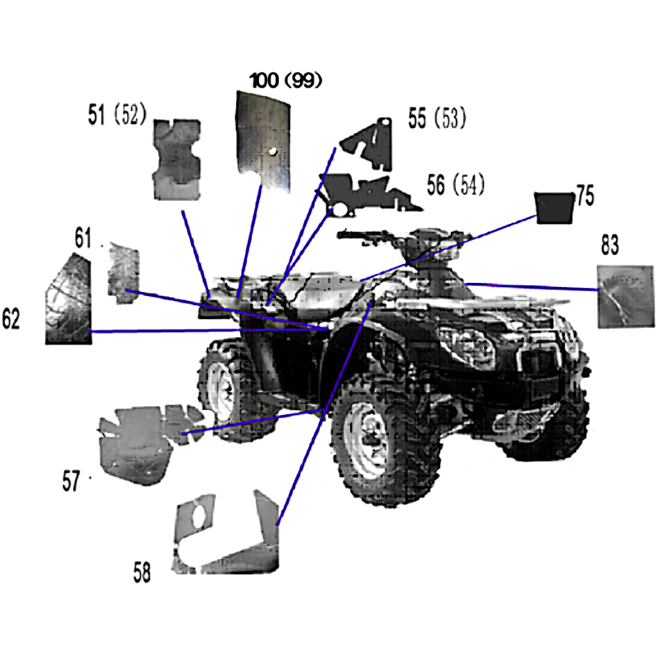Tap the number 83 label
pyautogui.click(x=609, y=244)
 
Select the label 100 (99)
pyautogui.click(x=285, y=80)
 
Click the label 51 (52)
pyautogui.click(x=117, y=114)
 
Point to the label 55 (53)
pyautogui.click(x=437, y=117)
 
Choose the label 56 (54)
pyautogui.click(x=456, y=184)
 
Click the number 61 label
pyautogui.click(x=83, y=238)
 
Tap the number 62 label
pyautogui.click(x=11, y=318)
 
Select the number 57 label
pyautogui.click(x=71, y=481)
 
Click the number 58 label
pyautogui.click(x=142, y=572)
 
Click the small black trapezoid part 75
pyautogui.click(x=554, y=208)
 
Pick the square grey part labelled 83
pyautogui.click(x=625, y=296)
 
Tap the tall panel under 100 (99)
pyautogui.click(x=263, y=140)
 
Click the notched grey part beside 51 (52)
pyautogui.click(x=177, y=159)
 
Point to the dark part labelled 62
pyautogui.click(x=68, y=299)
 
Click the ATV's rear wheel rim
pyautogui.click(x=221, y=390)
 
